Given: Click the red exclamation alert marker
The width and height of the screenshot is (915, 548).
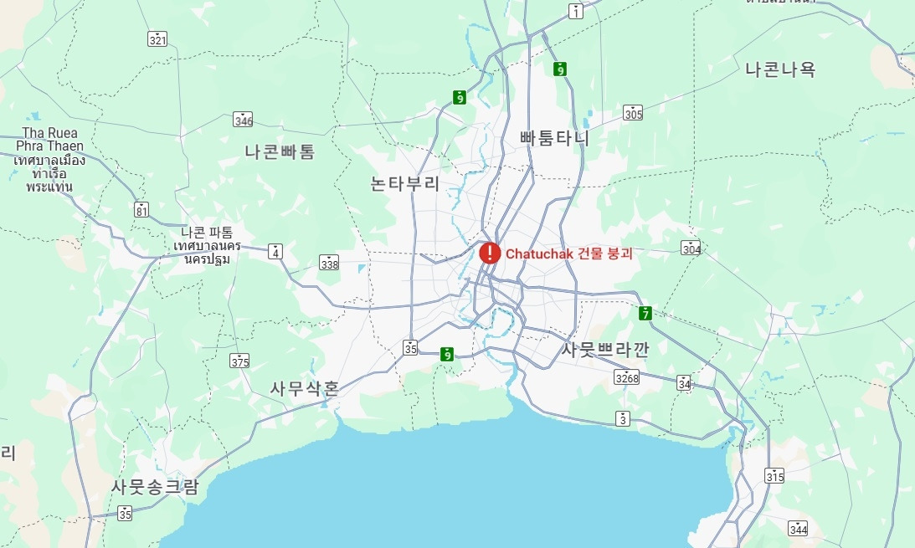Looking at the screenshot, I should (490, 253).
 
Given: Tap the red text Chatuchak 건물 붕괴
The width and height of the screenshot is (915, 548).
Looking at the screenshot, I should (568, 254).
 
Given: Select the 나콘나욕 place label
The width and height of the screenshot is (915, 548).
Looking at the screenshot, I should (779, 69).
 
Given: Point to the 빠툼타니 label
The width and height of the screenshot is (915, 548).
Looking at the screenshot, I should (554, 138).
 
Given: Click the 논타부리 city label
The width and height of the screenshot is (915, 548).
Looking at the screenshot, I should (405, 183).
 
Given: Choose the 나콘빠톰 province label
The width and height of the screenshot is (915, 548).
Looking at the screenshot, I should (280, 151).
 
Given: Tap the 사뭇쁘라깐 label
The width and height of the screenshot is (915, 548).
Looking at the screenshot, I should (604, 349).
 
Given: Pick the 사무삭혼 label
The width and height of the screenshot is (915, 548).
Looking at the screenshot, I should (305, 388).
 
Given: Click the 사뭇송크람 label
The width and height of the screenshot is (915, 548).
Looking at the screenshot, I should (155, 487).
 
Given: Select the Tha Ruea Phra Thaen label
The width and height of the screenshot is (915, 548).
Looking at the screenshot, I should (50, 159).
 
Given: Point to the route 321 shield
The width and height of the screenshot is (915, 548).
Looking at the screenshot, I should (157, 39).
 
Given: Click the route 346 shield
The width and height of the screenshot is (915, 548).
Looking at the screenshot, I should (243, 120).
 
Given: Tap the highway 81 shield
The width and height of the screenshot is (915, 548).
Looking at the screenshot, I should (141, 209).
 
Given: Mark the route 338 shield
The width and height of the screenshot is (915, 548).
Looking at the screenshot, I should (329, 264).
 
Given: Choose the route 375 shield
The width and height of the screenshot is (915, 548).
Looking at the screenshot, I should (239, 361).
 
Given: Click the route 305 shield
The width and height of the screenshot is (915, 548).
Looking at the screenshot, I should (633, 113).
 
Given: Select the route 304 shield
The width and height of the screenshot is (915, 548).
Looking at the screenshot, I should (691, 248).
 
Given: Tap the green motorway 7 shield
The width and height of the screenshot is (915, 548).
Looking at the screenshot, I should (645, 314).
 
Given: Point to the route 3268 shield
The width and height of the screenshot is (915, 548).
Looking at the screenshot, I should (626, 377).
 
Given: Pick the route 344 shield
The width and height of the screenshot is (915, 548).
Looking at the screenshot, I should (797, 528).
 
